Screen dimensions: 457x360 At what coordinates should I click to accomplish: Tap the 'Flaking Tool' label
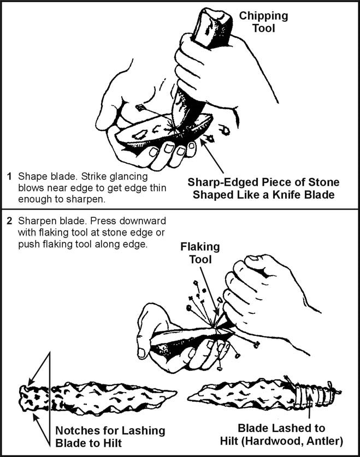(200, 252)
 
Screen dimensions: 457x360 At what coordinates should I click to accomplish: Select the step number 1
(9, 177)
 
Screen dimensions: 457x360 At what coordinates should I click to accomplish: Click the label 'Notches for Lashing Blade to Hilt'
(110, 436)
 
